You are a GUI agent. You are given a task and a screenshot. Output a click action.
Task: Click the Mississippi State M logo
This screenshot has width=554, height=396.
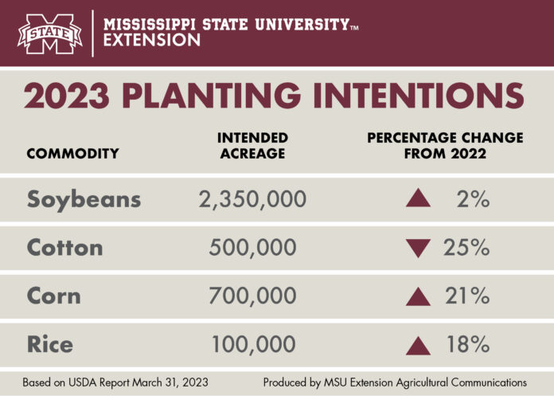pyautogui.click(x=50, y=33)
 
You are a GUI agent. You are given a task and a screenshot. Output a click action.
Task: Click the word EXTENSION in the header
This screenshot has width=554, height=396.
pyautogui.click(x=152, y=41)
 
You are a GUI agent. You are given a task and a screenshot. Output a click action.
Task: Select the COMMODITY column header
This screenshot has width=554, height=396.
pyautogui.click(x=72, y=153)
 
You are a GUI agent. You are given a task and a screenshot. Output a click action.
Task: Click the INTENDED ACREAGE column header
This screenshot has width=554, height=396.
pyautogui.click(x=252, y=146)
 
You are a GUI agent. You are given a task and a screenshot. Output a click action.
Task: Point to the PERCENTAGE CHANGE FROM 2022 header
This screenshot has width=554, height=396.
pyautogui.click(x=445, y=146)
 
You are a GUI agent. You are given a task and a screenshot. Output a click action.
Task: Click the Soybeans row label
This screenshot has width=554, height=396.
pyautogui.click(x=84, y=199)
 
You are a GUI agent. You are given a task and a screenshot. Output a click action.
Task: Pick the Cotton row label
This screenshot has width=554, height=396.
pyautogui.click(x=64, y=248)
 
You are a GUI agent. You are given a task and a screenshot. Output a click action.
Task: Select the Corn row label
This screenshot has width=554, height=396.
pyautogui.click(x=53, y=296)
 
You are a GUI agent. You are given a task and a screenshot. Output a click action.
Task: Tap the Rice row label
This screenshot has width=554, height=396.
pyautogui.click(x=49, y=344)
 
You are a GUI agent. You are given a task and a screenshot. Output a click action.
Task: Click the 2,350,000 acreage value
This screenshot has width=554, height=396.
pyautogui.click(x=252, y=199)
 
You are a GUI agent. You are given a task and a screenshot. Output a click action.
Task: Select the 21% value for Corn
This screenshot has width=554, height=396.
pyautogui.click(x=467, y=296)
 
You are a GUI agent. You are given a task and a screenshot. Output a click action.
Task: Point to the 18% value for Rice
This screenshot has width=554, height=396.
pyautogui.click(x=467, y=344)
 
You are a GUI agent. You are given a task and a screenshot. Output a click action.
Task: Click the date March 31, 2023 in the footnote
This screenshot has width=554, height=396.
pyautogui.click(x=172, y=382)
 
